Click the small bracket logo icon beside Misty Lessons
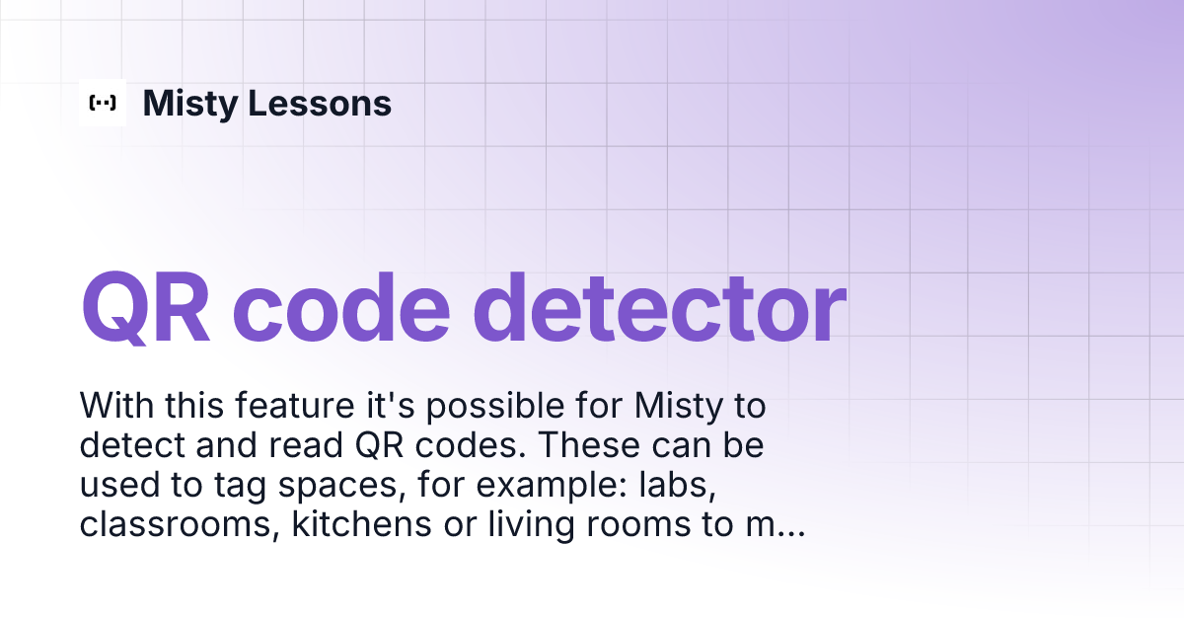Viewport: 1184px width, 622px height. point(103,103)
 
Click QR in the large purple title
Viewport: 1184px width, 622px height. point(148,307)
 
